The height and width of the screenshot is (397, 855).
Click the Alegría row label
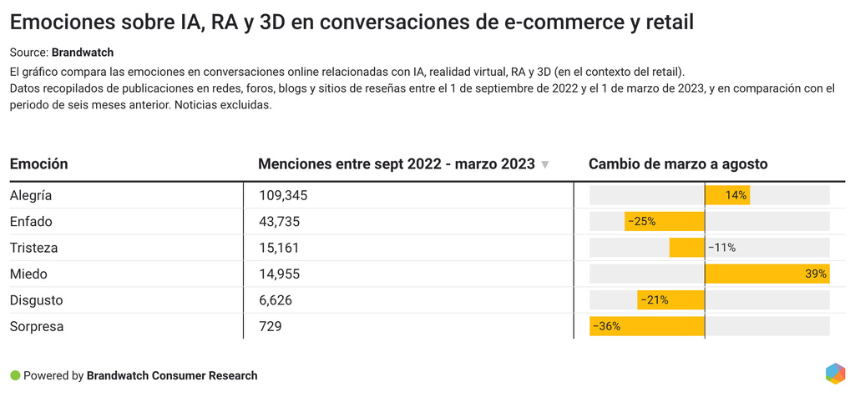click(x=31, y=195)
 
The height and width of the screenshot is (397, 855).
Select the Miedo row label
click(x=28, y=274)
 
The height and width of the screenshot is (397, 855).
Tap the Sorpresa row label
click(x=37, y=326)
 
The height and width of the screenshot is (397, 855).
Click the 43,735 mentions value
click(x=280, y=222)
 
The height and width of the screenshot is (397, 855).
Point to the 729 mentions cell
click(x=271, y=326)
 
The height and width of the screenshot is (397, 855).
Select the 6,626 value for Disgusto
click(x=276, y=300)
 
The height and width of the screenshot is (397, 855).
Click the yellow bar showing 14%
click(x=727, y=195)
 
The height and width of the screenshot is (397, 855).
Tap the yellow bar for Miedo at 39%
click(x=766, y=274)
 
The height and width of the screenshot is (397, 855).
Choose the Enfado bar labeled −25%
click(x=665, y=222)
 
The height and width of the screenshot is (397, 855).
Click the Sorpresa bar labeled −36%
click(x=647, y=326)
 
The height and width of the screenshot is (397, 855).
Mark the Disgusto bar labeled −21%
click(x=671, y=300)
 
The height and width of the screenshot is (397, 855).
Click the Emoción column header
click(x=39, y=164)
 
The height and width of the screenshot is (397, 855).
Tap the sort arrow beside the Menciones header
click(x=545, y=165)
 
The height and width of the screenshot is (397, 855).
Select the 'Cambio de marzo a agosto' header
click(x=678, y=164)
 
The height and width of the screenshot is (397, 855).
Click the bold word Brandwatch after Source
click(x=89, y=53)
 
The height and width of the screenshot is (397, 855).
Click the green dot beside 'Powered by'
click(x=15, y=375)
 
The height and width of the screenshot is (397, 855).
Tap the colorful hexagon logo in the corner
click(x=834, y=374)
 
